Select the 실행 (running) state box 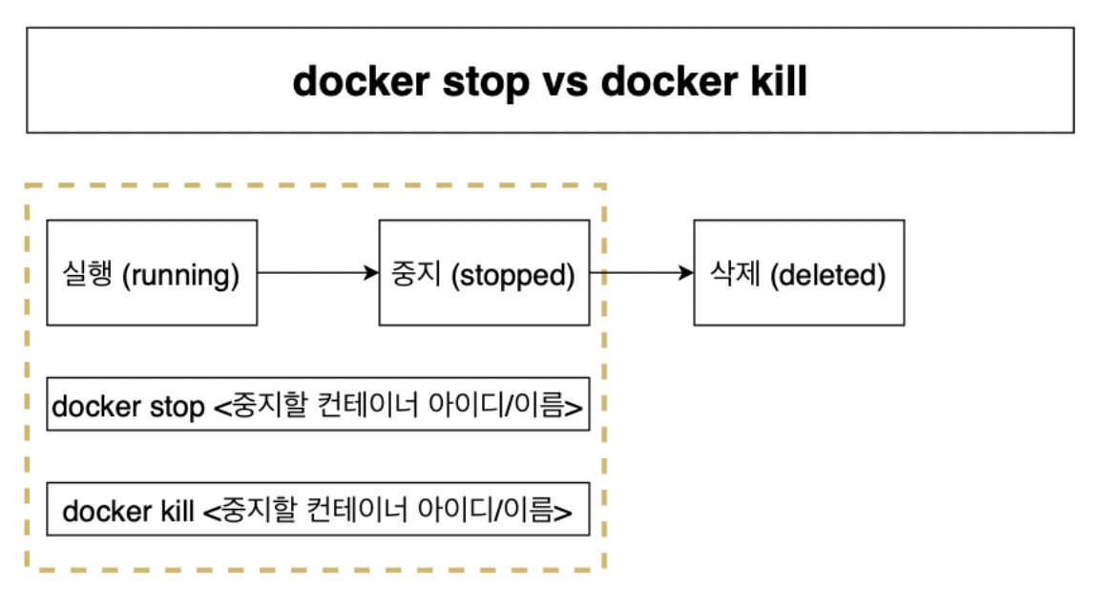pos(152,273)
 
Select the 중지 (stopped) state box pos(484,273)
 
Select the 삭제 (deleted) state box pos(799,273)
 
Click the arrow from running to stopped pos(318,273)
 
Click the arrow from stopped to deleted pos(641,273)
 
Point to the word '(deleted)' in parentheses pos(826,276)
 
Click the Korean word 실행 pos(90,275)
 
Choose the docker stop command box pos(318,404)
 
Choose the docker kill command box pos(318,511)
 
